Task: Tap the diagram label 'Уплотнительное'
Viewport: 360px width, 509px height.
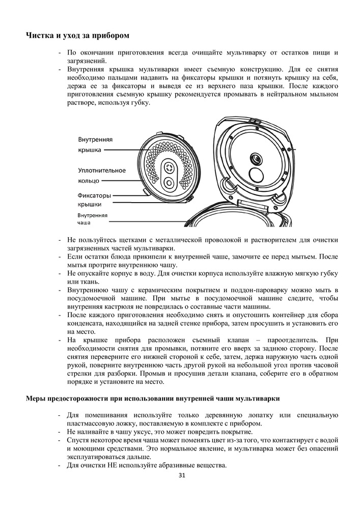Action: pos(102,171)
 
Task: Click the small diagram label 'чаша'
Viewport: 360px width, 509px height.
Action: pos(84,223)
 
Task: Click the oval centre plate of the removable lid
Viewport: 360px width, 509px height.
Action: pos(168,175)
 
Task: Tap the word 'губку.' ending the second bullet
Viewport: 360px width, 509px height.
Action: pos(140,103)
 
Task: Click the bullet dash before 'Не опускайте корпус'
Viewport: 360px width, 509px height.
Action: pos(61,273)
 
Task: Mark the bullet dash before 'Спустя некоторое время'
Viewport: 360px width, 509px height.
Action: pos(61,440)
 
